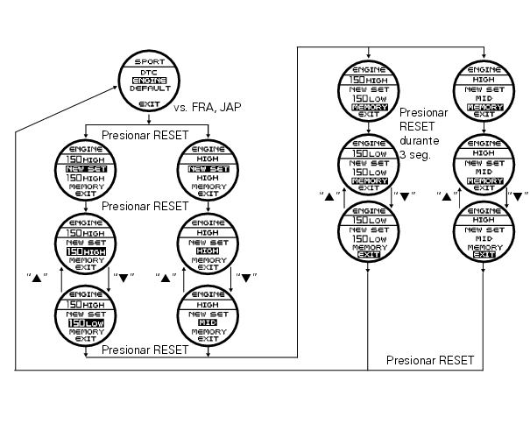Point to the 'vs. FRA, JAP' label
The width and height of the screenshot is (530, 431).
click(208, 107)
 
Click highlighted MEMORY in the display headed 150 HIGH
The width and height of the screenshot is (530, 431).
click(368, 107)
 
